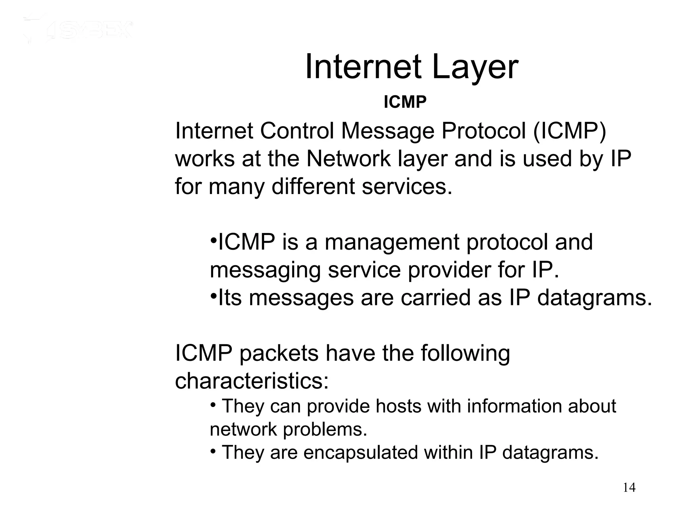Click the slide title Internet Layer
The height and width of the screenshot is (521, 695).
pyautogui.click(x=411, y=68)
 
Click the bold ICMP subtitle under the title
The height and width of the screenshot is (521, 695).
pyautogui.click(x=405, y=102)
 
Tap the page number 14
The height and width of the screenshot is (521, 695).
pyautogui.click(x=629, y=488)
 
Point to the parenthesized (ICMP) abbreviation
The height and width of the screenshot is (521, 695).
pyautogui.click(x=569, y=131)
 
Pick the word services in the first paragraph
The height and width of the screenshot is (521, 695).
pyautogui.click(x=407, y=187)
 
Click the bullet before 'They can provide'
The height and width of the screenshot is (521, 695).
pyautogui.click(x=213, y=405)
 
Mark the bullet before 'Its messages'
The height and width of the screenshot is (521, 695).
pyautogui.click(x=213, y=296)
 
